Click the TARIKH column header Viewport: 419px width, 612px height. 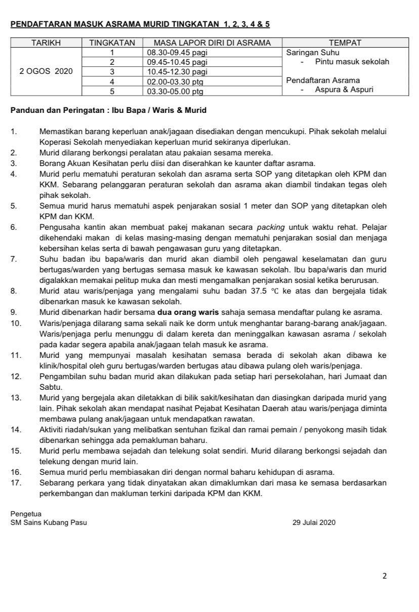pyautogui.click(x=46, y=43)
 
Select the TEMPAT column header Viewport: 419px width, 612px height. pyautogui.click(x=345, y=43)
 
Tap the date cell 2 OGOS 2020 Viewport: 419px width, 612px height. pyautogui.click(x=46, y=71)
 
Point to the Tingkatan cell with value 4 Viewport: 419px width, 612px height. pyautogui.click(x=112, y=81)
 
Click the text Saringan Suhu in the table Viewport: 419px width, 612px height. pyautogui.click(x=313, y=53)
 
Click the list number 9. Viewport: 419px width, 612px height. pyautogui.click(x=14, y=312)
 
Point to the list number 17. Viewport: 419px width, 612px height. pyautogui.click(x=16, y=483)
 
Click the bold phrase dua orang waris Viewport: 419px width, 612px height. pyautogui.click(x=188, y=312)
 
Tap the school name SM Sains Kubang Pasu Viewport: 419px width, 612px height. pyautogui.click(x=49, y=522)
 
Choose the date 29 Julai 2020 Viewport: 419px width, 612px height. pyautogui.click(x=314, y=522)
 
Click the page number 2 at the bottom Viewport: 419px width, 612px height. pyautogui.click(x=385, y=576)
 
